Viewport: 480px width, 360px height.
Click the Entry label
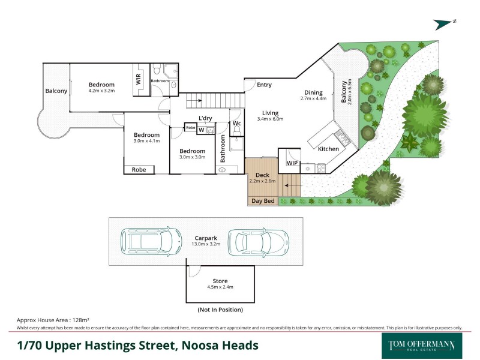(265, 85)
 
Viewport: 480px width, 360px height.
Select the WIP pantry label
(292, 163)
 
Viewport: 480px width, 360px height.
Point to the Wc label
(236, 124)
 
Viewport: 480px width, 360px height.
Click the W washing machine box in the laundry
(202, 130)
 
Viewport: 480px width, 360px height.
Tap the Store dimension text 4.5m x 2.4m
(220, 287)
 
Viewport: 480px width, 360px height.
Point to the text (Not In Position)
(220, 310)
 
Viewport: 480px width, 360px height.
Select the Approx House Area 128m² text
(53, 321)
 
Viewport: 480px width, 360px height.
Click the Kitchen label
(328, 149)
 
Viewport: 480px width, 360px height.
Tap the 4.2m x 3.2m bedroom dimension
(101, 91)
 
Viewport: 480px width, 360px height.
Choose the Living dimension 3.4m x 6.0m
(269, 119)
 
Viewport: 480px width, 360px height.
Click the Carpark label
(205, 238)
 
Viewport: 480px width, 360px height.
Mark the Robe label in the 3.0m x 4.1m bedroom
(139, 170)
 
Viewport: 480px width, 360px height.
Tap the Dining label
(313, 92)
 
